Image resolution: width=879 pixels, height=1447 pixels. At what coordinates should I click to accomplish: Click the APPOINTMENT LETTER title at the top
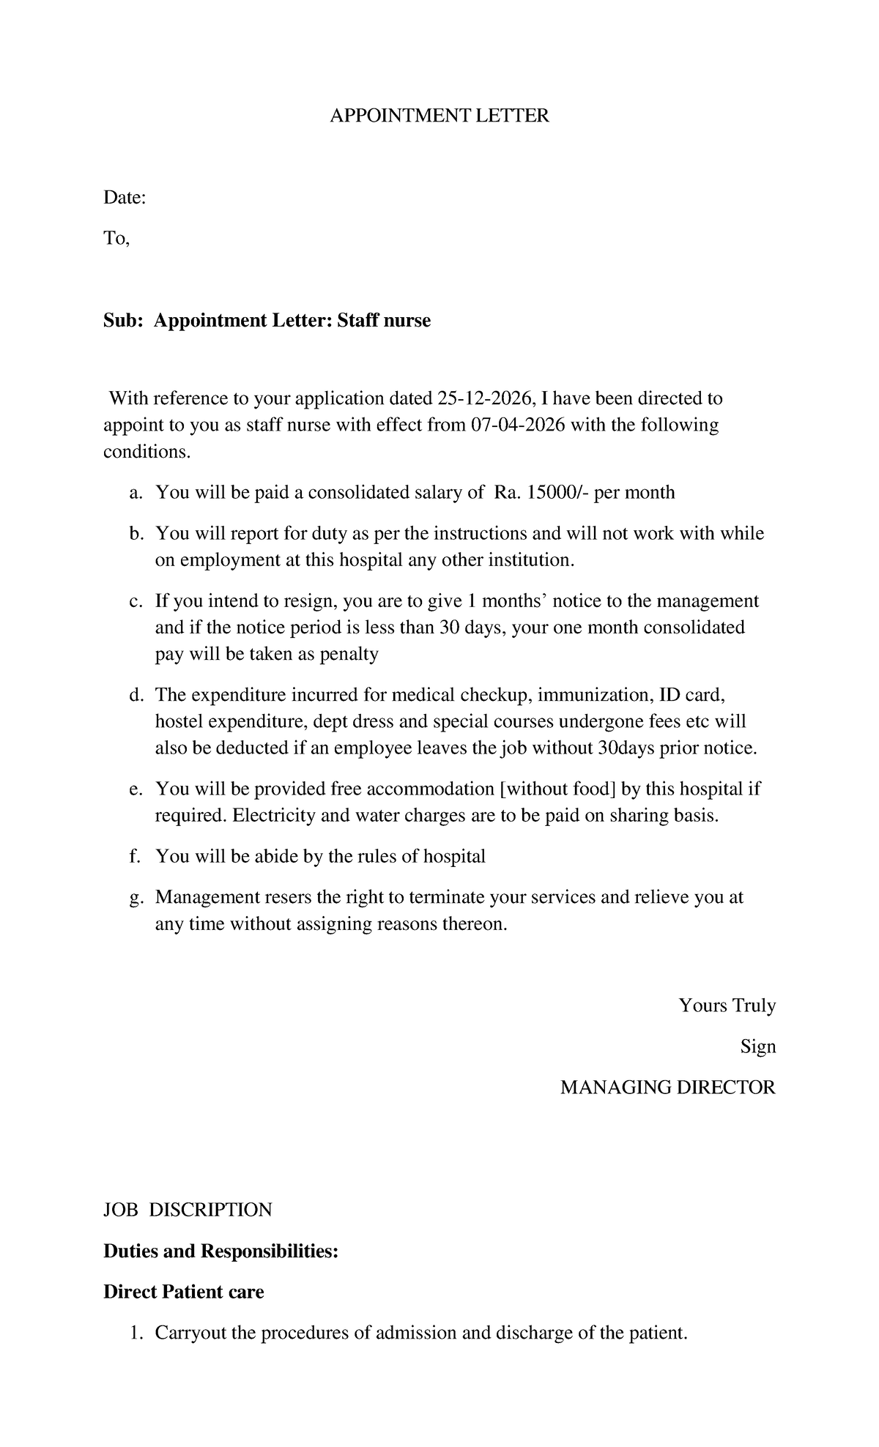(439, 116)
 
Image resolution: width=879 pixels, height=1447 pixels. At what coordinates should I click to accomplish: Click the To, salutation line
(116, 239)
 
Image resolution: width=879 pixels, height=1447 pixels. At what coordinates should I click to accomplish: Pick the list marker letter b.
(134, 534)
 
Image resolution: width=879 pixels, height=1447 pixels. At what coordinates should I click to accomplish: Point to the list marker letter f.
(134, 857)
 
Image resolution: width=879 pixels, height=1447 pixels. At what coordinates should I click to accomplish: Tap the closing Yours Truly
(727, 1005)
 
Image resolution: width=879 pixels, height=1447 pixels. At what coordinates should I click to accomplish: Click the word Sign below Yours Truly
(757, 1046)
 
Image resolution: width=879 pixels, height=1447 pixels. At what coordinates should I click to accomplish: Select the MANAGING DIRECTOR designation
(667, 1087)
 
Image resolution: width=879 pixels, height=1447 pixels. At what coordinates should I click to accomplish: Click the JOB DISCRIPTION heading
(188, 1210)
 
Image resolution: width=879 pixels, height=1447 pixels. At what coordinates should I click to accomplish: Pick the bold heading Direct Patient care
(184, 1292)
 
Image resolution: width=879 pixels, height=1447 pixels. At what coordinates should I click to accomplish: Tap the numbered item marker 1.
(134, 1333)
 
